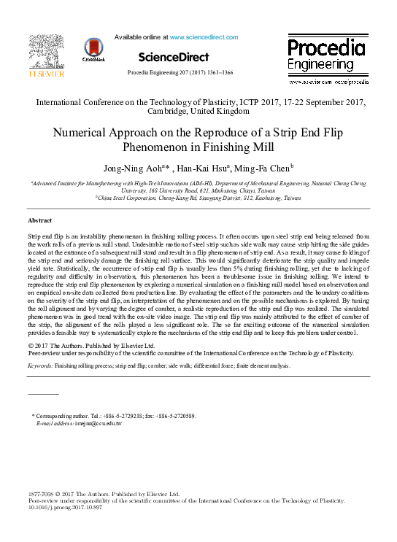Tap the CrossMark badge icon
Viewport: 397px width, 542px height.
(x=94, y=50)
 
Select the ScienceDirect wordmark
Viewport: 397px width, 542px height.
(x=173, y=57)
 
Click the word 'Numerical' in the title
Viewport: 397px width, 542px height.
(x=82, y=133)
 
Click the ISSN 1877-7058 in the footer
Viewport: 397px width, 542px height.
(x=41, y=494)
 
